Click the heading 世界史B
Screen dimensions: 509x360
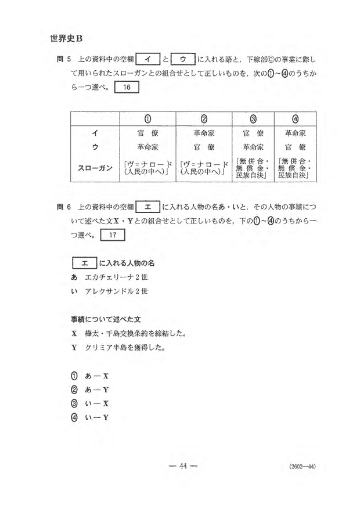[67, 39]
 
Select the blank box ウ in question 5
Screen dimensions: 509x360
[182, 59]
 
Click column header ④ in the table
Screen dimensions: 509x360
[294, 120]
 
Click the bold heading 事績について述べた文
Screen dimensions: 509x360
[102, 320]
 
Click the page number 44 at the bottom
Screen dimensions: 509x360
[181, 465]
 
